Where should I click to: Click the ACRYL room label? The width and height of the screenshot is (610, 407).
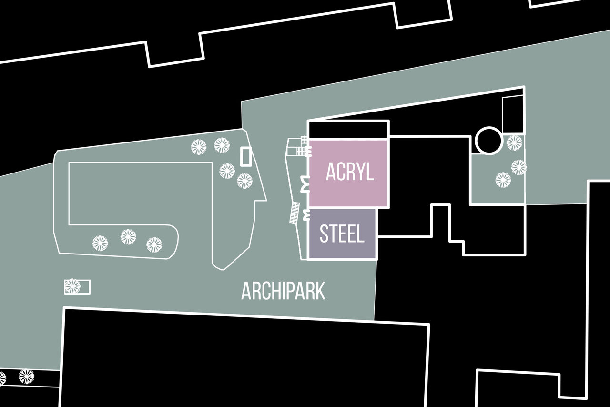(x=350, y=172)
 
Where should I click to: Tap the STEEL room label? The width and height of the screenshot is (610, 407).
(x=342, y=234)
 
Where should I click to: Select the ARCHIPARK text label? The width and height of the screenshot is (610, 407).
(x=283, y=291)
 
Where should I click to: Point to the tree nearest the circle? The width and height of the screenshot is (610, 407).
(x=514, y=143)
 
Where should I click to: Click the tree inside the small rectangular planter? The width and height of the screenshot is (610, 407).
(x=72, y=286)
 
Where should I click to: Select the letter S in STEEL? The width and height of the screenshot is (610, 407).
(x=324, y=234)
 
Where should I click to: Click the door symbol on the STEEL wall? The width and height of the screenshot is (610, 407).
(x=307, y=215)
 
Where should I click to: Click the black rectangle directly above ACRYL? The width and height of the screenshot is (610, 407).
(x=348, y=130)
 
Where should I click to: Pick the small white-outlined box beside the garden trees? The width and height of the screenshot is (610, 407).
(x=246, y=157)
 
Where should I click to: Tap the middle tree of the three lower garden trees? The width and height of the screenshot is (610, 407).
(x=128, y=237)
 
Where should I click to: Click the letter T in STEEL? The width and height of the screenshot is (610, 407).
(x=334, y=234)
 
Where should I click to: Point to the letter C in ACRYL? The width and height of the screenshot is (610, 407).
(x=340, y=172)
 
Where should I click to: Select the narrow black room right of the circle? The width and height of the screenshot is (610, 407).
(x=512, y=115)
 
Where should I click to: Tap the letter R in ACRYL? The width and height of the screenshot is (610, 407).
(x=350, y=172)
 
